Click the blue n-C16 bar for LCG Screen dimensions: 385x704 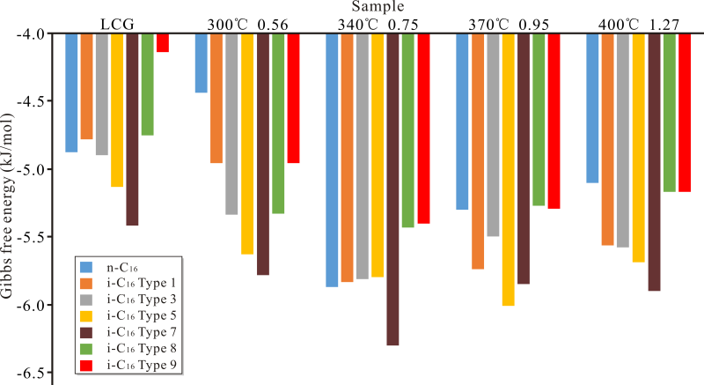point(71,93)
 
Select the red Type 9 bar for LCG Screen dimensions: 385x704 point(162,43)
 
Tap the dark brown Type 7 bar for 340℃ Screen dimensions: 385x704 point(392,189)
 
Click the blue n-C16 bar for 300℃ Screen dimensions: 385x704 point(201,63)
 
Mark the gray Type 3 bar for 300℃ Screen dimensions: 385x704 point(231,123)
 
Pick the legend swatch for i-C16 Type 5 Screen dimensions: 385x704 point(86,316)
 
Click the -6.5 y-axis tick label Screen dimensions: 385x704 point(33,373)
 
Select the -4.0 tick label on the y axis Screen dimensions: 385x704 point(33,33)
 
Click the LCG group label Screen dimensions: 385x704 point(117,24)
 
